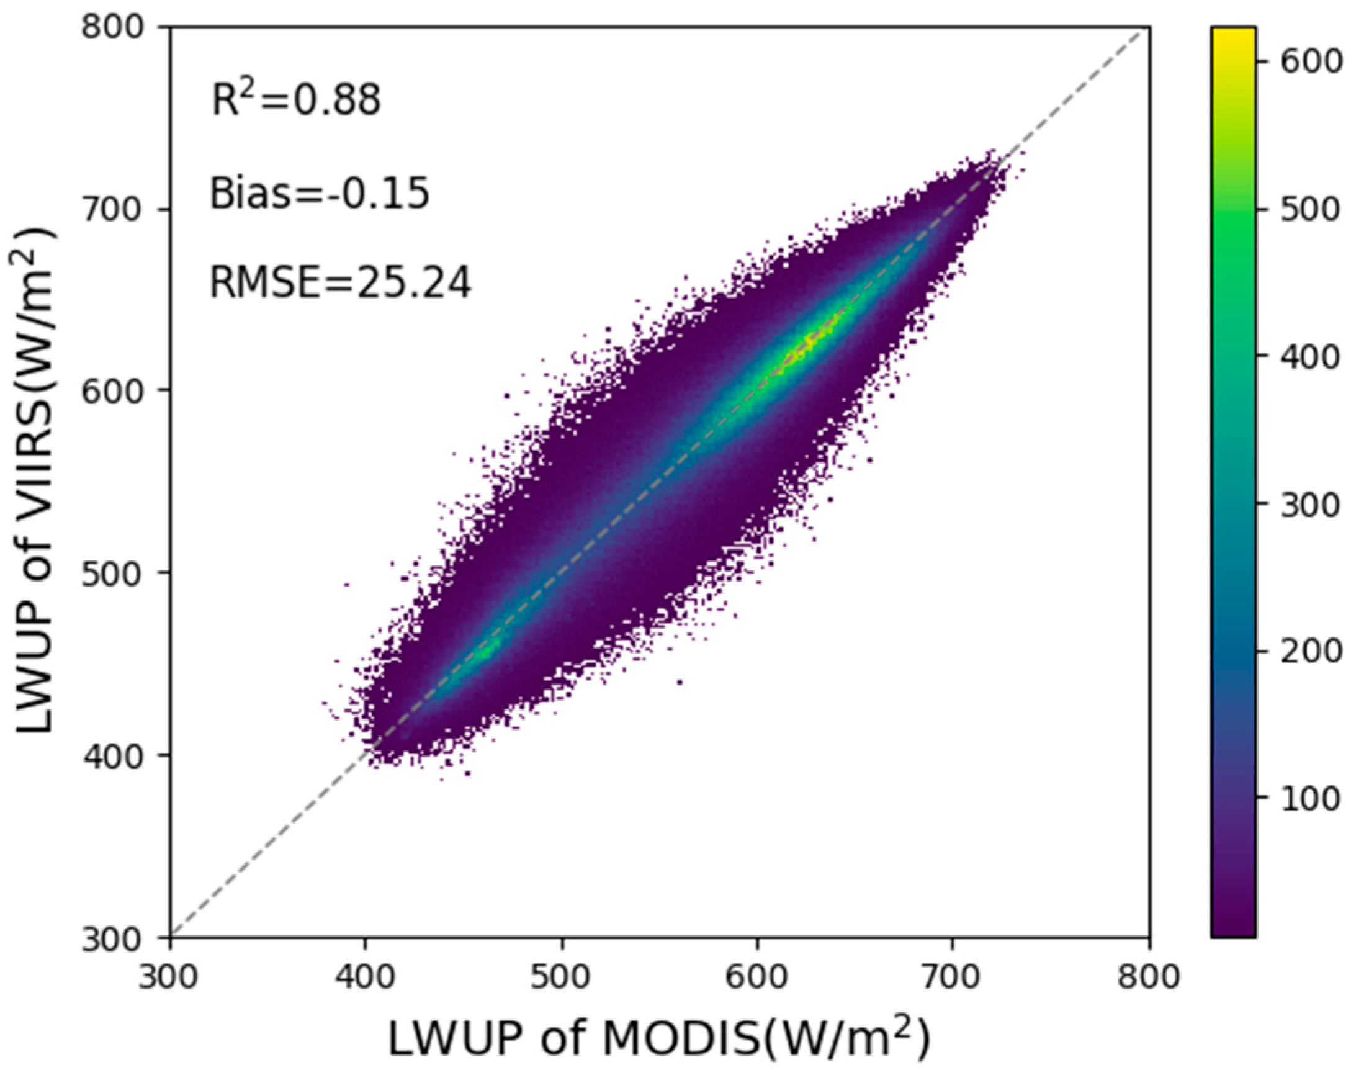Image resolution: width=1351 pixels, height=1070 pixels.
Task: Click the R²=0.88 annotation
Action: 295,100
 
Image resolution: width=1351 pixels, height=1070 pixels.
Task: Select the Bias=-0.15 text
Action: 320,193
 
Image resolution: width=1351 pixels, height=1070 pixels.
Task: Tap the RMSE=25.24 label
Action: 340,284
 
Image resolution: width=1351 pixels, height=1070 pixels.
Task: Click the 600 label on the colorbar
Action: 1311,61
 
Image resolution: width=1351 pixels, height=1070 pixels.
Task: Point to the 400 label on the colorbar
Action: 1311,357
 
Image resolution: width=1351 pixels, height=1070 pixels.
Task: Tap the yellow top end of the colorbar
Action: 1232,35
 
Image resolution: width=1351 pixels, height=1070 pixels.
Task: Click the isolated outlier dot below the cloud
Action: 680,682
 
